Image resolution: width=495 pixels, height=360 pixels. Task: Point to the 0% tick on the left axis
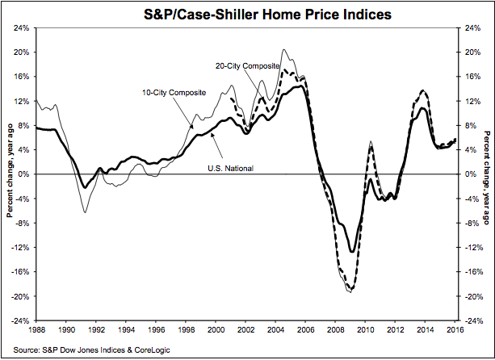24,174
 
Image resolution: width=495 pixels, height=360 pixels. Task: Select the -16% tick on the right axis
472,272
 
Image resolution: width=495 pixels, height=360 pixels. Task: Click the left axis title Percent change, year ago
10,174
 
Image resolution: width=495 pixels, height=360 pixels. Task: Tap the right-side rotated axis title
486,174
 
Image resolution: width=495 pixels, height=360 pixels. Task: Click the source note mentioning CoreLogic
81,350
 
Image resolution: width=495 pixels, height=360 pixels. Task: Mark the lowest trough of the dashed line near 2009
350,291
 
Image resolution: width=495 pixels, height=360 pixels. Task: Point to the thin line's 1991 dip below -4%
84,212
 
